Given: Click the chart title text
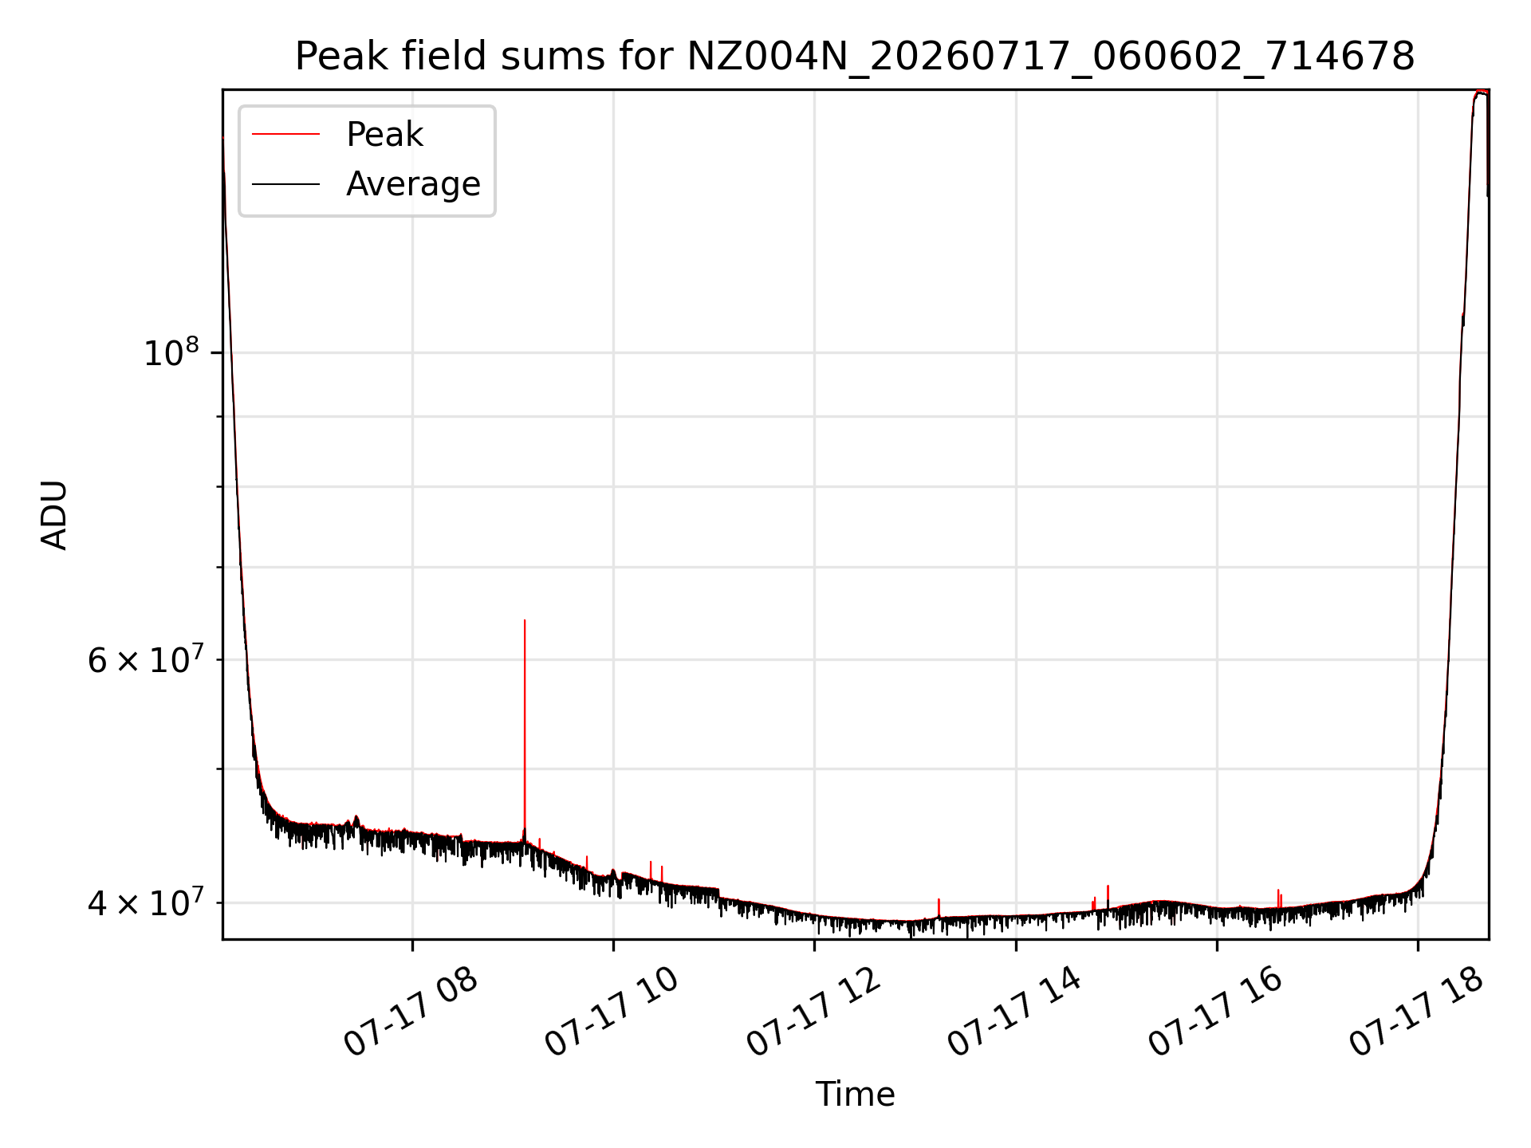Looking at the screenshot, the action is [x=855, y=57].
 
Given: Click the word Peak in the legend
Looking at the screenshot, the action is [x=384, y=134].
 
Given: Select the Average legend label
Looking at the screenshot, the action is [x=413, y=184].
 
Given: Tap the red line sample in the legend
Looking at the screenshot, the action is [x=285, y=135].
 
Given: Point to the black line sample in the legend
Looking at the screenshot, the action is [x=285, y=184].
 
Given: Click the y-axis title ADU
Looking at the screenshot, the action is [x=54, y=515].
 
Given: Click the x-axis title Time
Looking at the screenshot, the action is [x=855, y=1095].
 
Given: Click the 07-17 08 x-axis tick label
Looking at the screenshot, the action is [x=411, y=1012].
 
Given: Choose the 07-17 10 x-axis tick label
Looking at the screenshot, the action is [x=612, y=1012].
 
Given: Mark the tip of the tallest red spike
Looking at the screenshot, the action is [x=525, y=620].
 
